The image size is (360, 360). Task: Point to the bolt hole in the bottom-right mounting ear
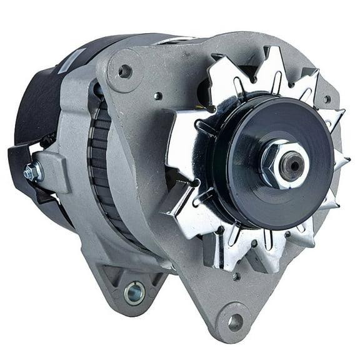tap(236, 322)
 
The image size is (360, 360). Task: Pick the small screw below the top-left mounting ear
tap(159, 96)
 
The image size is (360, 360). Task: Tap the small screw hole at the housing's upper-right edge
tap(326, 99)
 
